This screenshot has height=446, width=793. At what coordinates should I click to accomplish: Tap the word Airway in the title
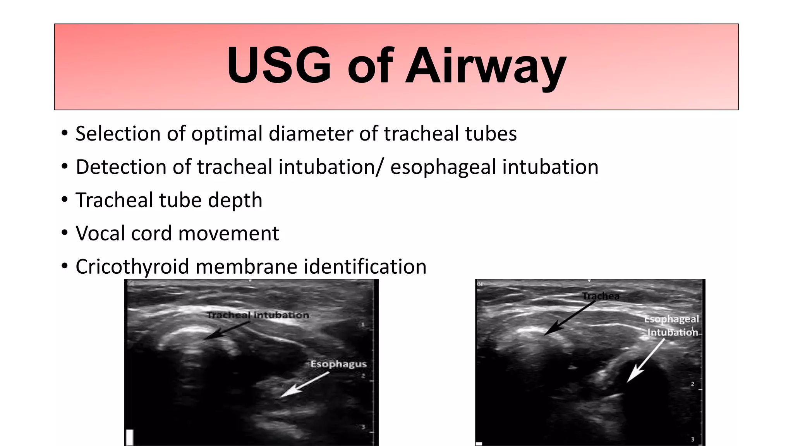click(x=486, y=67)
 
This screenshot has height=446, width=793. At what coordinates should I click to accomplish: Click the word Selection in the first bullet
click(x=118, y=134)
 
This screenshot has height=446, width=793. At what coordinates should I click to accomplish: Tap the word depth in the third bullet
click(x=235, y=201)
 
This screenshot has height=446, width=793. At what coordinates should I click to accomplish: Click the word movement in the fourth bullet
click(x=228, y=234)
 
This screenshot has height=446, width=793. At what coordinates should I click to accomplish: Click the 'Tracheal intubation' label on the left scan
click(x=258, y=315)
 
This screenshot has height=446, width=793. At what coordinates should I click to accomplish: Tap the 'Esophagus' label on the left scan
click(x=338, y=364)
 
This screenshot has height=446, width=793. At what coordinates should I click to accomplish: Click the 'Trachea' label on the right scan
click(x=601, y=296)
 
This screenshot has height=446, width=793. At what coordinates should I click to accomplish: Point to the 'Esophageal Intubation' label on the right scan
click(x=672, y=326)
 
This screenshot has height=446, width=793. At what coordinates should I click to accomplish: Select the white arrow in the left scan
click(x=304, y=384)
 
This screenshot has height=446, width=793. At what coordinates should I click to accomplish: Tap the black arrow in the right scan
click(x=569, y=317)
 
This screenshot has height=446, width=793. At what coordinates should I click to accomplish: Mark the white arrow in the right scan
click(x=645, y=360)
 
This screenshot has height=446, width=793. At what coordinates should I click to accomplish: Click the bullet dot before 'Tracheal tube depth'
click(x=65, y=200)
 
